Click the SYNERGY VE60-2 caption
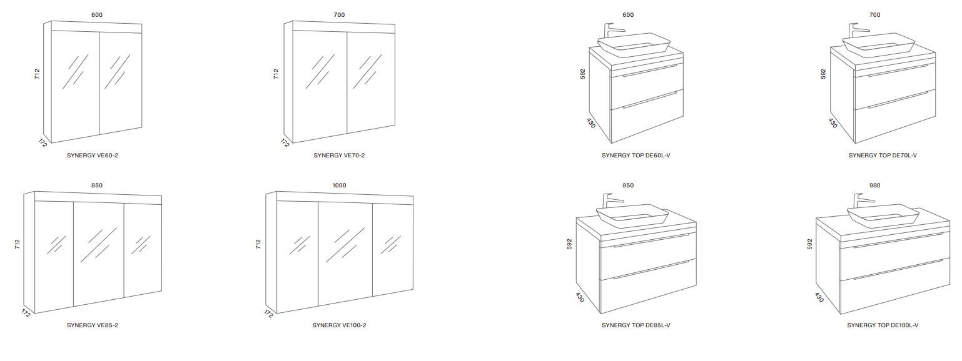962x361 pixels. click(93, 155)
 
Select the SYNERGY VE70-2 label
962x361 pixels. click(339, 155)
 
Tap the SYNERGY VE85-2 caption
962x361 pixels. click(93, 325)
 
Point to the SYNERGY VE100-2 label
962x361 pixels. click(339, 325)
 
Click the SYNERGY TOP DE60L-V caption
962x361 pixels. click(635, 155)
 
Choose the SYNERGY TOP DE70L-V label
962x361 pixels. click(883, 155)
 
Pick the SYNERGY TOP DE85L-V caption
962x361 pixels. click(635, 325)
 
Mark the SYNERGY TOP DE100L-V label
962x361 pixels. click(883, 325)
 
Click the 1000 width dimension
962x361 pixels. click(339, 185)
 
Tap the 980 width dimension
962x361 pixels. click(875, 185)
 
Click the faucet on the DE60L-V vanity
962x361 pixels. click(613, 31)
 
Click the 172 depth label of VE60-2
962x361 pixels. click(43, 143)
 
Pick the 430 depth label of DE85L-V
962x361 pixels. click(580, 297)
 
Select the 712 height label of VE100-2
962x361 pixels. click(258, 244)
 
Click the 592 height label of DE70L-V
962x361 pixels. click(823, 74)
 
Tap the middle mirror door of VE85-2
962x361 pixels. click(99, 254)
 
